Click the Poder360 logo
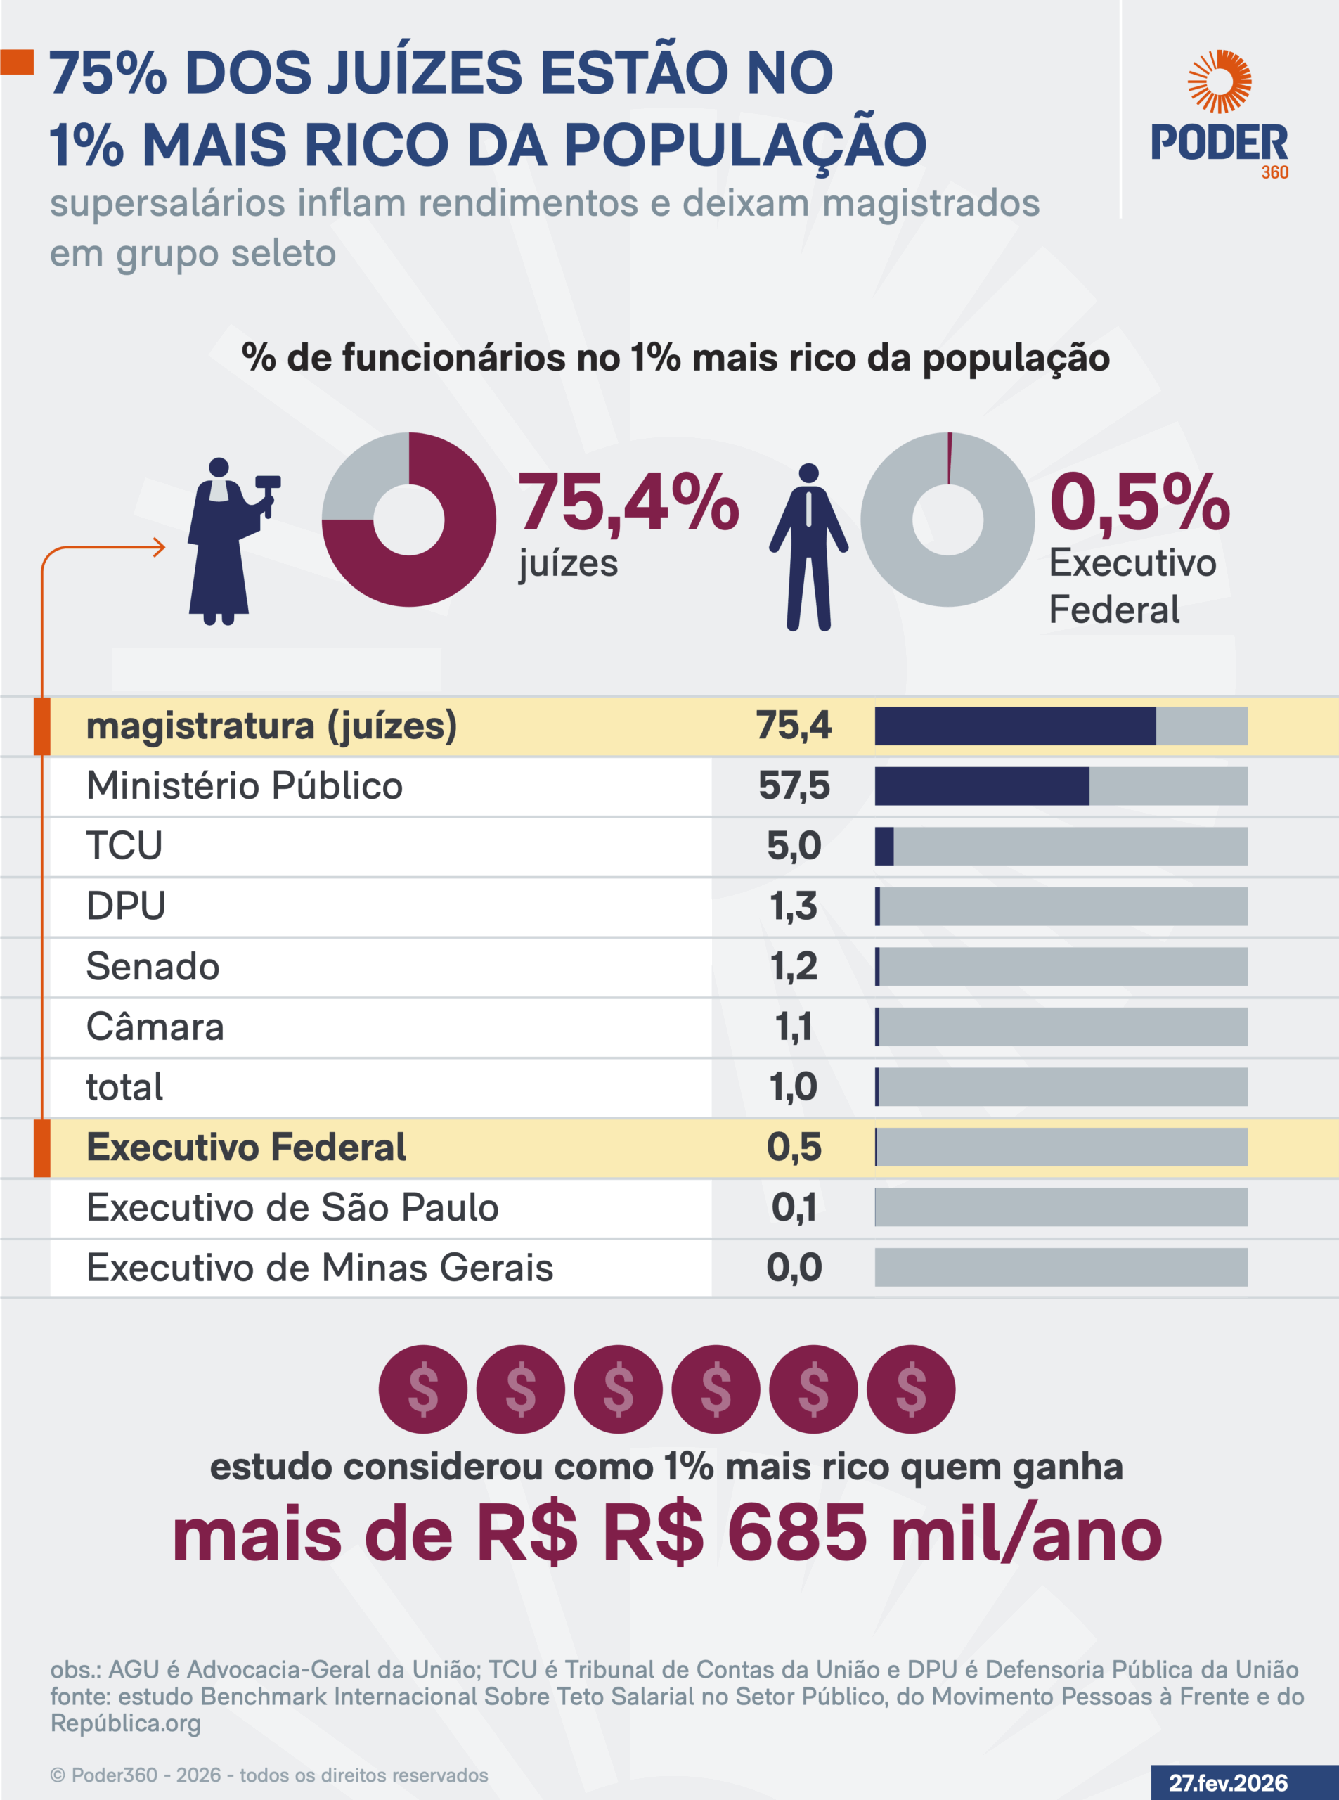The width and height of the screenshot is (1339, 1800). (1219, 113)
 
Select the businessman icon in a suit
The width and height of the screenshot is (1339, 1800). (808, 547)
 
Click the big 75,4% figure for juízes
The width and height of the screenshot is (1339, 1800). (628, 503)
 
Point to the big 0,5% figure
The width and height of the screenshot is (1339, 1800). (1139, 503)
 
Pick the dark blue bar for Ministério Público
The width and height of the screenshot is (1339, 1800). (981, 785)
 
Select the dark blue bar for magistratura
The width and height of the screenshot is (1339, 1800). (1015, 726)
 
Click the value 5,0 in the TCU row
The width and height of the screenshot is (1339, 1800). (794, 846)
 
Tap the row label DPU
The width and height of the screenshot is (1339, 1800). (126, 906)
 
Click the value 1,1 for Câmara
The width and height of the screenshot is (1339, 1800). (794, 1027)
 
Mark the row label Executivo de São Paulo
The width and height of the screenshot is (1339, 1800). (292, 1207)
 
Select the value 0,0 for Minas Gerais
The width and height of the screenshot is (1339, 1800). (794, 1267)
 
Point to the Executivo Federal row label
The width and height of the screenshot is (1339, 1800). (245, 1147)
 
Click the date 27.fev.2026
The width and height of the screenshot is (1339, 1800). (1227, 1783)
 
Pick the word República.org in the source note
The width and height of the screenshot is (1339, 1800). (126, 1723)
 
